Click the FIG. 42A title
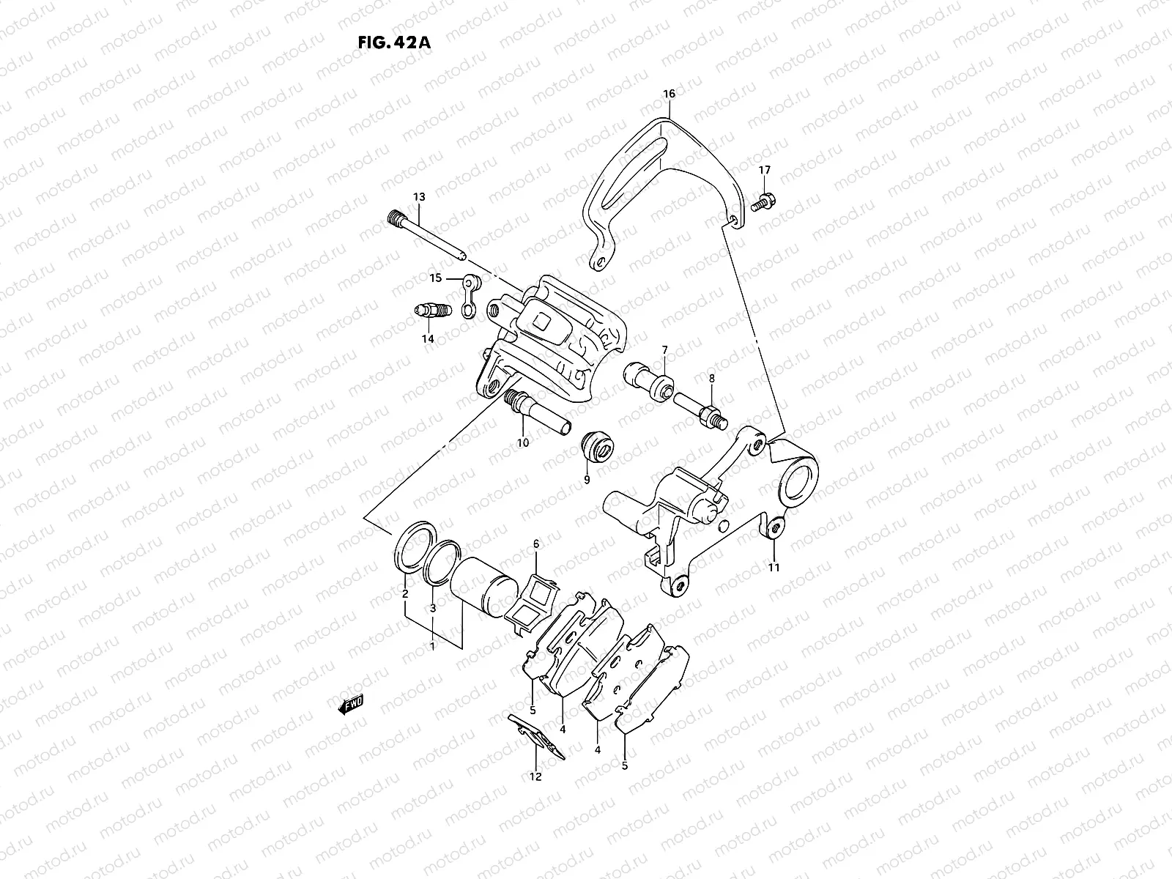393,42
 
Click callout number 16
669,94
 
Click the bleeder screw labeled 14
431,312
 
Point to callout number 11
774,567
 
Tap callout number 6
535,544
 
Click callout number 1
433,646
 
